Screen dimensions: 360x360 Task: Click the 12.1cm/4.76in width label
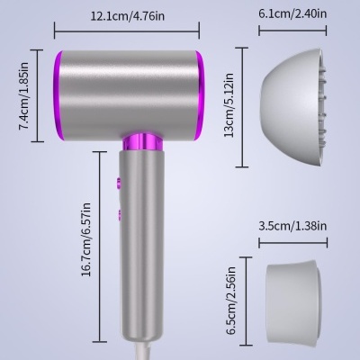point(127,14)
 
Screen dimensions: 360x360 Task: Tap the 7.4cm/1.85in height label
point(27,92)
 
